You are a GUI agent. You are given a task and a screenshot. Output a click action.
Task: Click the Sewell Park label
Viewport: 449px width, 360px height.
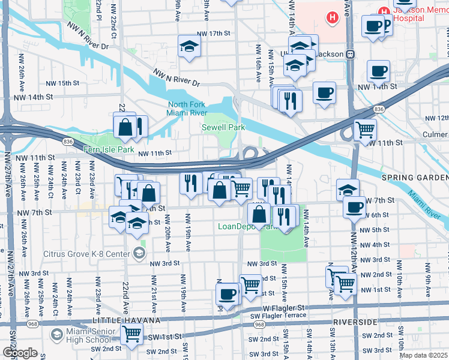click(223, 128)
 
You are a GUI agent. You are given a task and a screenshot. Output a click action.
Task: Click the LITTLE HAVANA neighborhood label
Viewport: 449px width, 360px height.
click(125, 321)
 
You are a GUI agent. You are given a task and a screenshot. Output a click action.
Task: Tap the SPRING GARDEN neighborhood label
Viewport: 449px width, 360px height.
click(415, 178)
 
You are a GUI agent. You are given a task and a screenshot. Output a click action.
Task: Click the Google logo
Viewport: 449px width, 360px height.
click(19, 352)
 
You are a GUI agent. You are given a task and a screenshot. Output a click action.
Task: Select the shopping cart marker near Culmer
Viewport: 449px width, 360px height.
click(365, 129)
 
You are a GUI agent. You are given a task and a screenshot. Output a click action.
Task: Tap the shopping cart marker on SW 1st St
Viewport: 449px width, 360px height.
click(131, 334)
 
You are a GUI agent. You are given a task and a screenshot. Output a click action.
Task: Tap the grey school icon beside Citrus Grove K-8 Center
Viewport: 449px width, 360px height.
click(139, 253)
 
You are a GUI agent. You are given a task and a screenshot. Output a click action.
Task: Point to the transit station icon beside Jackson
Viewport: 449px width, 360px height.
click(351, 54)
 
